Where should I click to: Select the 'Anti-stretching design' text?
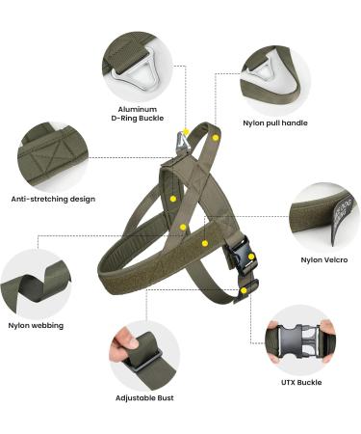(x=53, y=198)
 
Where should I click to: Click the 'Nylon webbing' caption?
(x=37, y=326)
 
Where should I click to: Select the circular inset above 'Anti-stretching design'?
(x=52, y=154)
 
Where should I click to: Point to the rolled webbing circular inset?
(x=36, y=284)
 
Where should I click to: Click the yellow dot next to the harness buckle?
(x=244, y=289)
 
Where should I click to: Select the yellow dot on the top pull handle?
(x=216, y=138)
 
